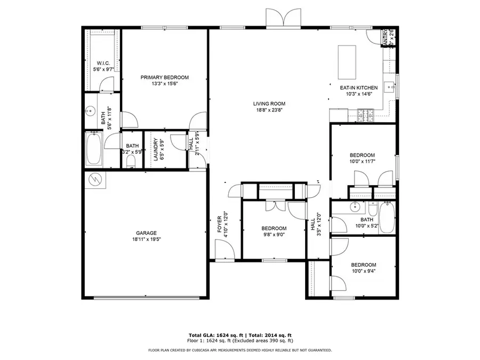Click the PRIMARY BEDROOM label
pyautogui.click(x=164, y=77)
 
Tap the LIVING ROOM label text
pyautogui.click(x=269, y=104)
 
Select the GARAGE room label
pyautogui.click(x=146, y=233)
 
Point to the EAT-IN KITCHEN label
pyautogui.click(x=359, y=88)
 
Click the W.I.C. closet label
pyautogui.click(x=103, y=63)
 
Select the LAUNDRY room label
pyautogui.click(x=156, y=149)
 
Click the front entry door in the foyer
pyautogui.click(x=223, y=249)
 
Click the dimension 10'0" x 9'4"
pyautogui.click(x=363, y=271)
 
